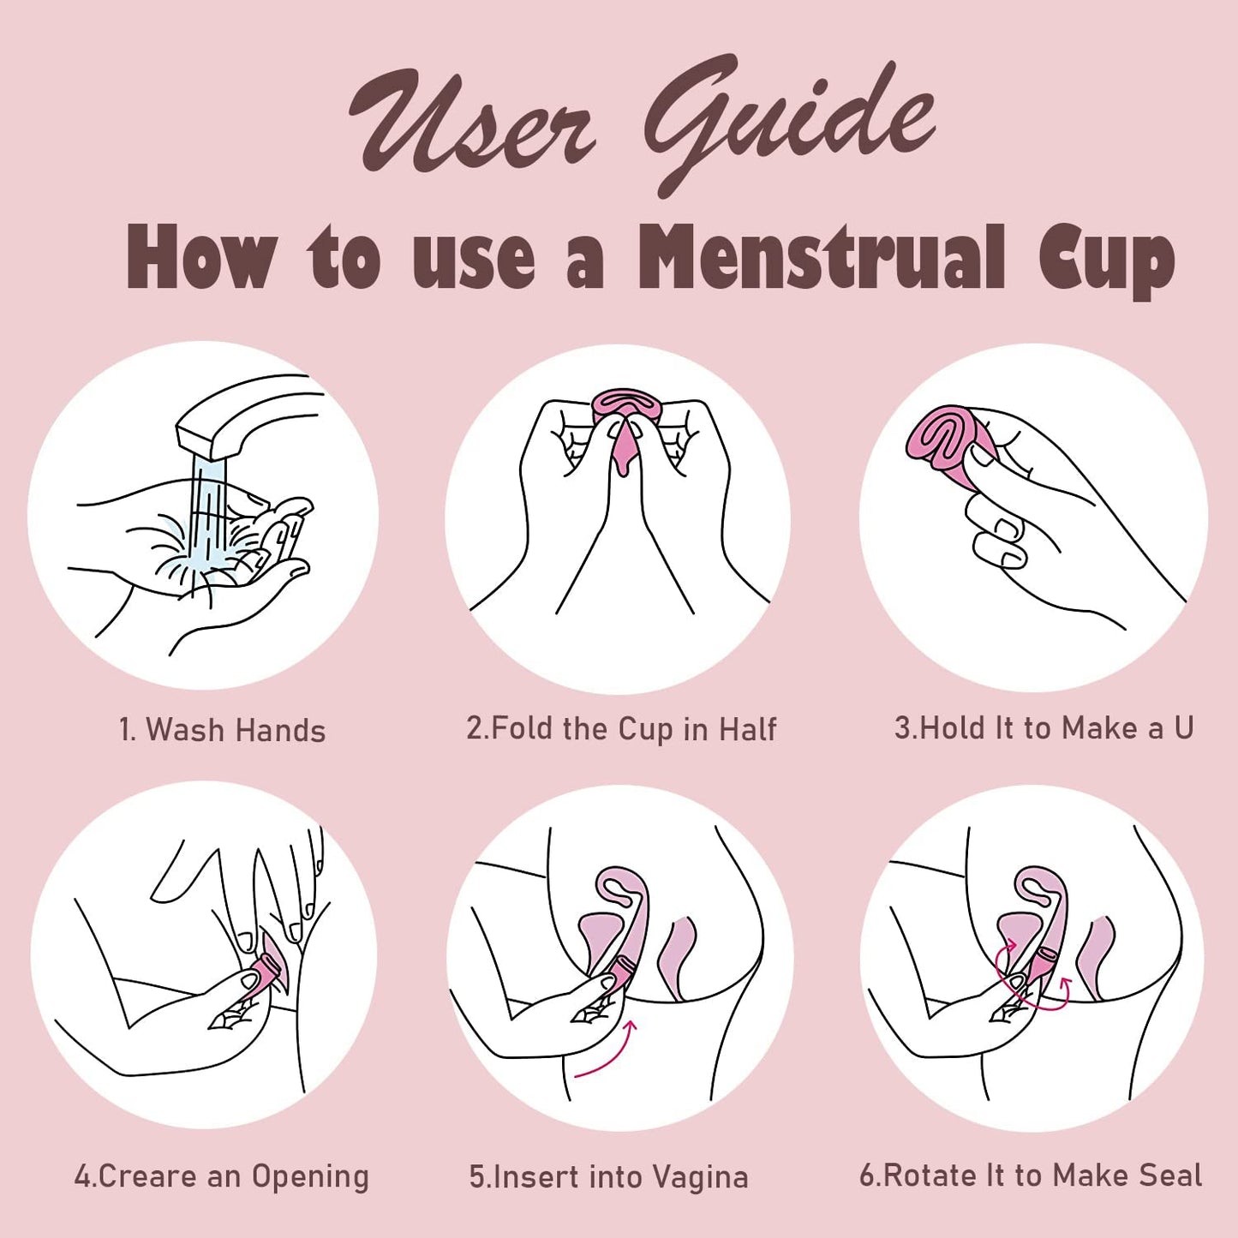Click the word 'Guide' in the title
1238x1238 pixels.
(x=788, y=120)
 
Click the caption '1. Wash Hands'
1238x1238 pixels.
(x=222, y=730)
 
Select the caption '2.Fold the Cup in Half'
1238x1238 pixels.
(x=621, y=728)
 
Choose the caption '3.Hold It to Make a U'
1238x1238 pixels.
(x=1044, y=728)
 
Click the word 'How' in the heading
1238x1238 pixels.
(x=201, y=257)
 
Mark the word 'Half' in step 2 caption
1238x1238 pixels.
(x=747, y=728)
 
